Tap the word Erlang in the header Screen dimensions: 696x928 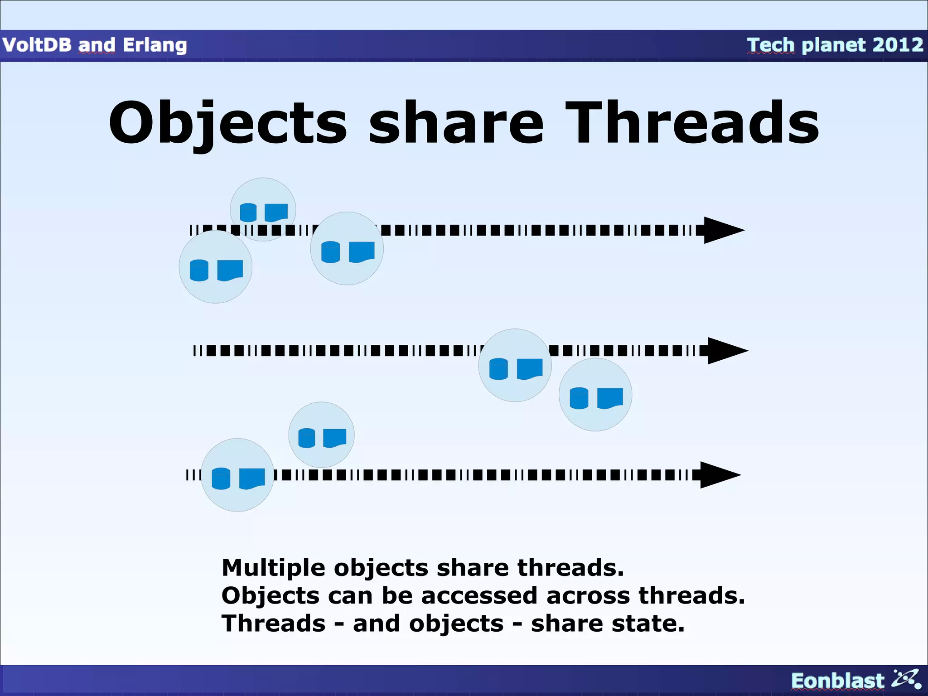coord(155,45)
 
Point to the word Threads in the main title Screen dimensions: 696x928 coord(692,123)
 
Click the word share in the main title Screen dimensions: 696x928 coord(456,123)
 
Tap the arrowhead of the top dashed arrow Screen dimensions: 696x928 coord(722,230)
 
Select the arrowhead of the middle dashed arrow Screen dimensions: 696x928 coord(726,350)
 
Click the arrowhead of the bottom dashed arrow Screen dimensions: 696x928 coord(719,475)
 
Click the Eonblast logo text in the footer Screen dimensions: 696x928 coord(837,681)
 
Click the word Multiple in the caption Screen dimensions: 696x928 coord(273,567)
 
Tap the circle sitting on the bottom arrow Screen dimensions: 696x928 coord(237,475)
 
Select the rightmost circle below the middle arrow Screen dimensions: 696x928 coord(595,395)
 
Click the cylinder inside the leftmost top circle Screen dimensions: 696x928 coord(199,270)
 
